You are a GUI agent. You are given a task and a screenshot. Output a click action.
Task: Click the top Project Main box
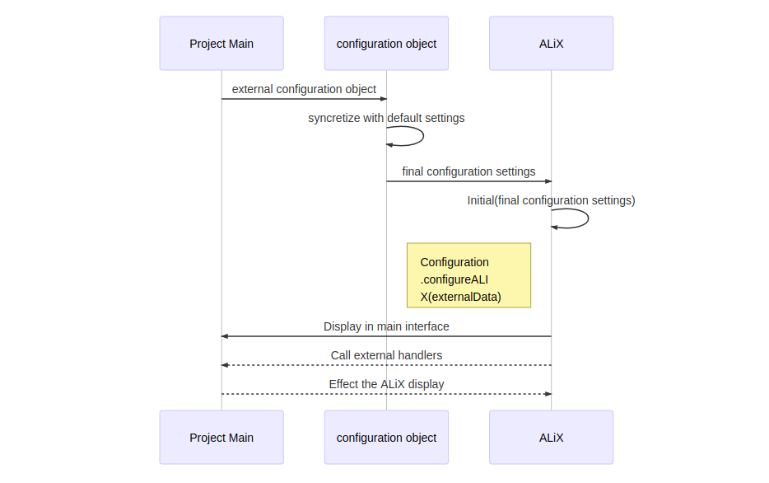pyautogui.click(x=221, y=43)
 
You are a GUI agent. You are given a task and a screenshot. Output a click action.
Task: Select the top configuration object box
pyautogui.click(x=386, y=43)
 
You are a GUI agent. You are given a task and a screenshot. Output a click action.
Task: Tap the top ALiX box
pyautogui.click(x=551, y=43)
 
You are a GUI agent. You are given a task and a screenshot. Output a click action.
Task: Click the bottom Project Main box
pyautogui.click(x=221, y=438)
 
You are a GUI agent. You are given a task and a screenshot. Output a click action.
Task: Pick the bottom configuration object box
pyautogui.click(x=386, y=438)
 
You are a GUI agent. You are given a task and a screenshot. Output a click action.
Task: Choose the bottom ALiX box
pyautogui.click(x=551, y=438)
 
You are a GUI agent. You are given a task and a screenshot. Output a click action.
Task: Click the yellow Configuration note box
pyautogui.click(x=468, y=275)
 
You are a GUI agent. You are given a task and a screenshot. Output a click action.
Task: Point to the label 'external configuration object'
pyautogui.click(x=304, y=89)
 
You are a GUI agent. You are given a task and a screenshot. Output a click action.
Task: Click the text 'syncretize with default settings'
pyautogui.click(x=386, y=118)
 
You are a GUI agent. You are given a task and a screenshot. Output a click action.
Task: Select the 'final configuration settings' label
pyautogui.click(x=468, y=171)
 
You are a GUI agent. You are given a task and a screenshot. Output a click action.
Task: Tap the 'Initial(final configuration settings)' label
pyautogui.click(x=551, y=200)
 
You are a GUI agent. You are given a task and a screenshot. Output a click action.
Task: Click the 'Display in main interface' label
pyautogui.click(x=386, y=326)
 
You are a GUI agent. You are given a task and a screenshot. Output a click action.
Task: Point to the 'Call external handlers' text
pyautogui.click(x=386, y=355)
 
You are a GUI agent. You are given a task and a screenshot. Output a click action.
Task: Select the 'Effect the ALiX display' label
pyautogui.click(x=386, y=384)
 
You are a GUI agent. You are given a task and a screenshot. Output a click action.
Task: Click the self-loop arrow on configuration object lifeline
pyautogui.click(x=423, y=136)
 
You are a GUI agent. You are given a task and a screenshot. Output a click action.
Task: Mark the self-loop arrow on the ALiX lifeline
pyautogui.click(x=588, y=218)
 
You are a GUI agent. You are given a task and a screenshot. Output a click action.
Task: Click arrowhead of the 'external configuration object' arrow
pyautogui.click(x=384, y=99)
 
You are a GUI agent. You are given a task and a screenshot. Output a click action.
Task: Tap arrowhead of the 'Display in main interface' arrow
pyautogui.click(x=224, y=336)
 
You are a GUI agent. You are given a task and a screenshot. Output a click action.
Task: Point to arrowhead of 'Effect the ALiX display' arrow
pyautogui.click(x=548, y=394)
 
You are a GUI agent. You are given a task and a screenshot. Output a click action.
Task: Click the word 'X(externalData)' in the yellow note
pyautogui.click(x=460, y=297)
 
